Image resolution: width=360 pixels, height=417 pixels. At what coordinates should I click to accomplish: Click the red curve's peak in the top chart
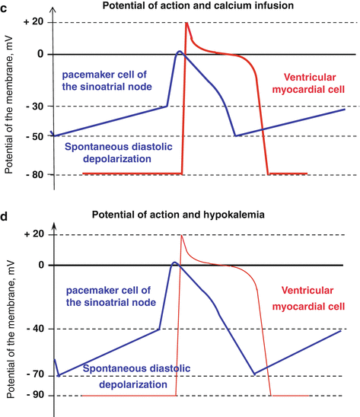click(x=186, y=23)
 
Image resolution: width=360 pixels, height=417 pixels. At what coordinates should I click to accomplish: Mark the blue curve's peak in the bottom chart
click(x=175, y=263)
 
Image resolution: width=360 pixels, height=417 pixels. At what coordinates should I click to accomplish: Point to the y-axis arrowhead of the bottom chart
click(x=54, y=221)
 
